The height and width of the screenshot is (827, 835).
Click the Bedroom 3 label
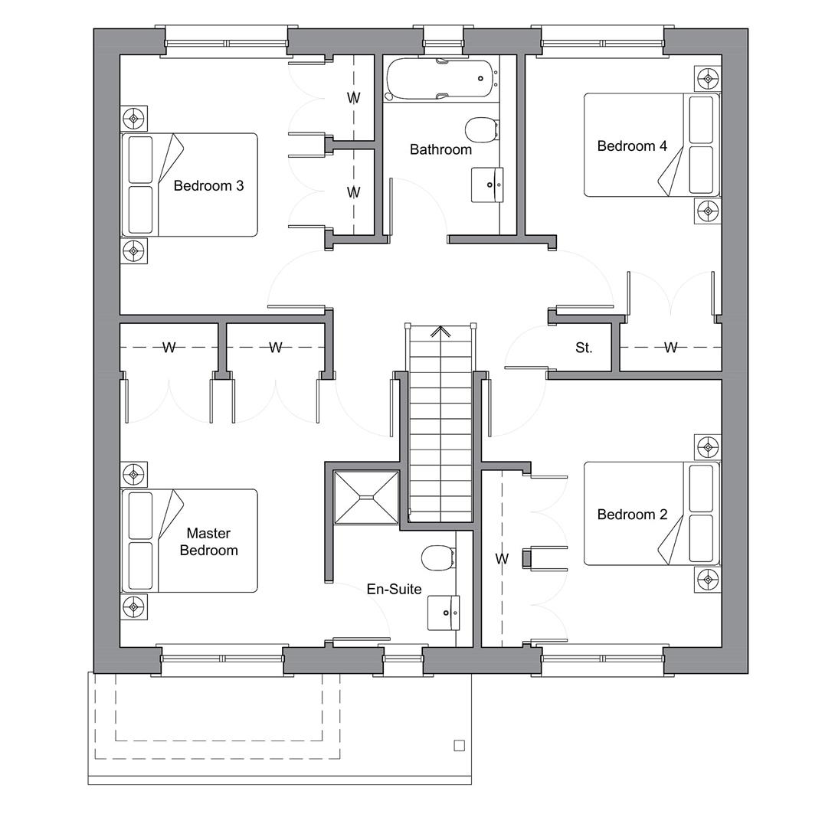208,185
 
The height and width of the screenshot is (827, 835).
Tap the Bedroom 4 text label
632,145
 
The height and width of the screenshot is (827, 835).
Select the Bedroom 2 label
632,515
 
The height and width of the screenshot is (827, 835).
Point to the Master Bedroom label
208,541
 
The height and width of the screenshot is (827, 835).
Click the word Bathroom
440,149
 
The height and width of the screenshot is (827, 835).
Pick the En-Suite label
394,589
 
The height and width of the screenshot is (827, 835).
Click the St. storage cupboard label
584,348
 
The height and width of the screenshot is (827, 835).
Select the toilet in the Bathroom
481,130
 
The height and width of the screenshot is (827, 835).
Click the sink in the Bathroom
488,185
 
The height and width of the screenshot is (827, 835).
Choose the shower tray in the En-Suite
367,498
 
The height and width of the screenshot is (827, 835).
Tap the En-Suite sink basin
444,612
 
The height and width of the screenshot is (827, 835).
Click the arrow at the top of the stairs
440,332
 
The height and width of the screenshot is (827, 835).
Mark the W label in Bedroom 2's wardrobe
502,559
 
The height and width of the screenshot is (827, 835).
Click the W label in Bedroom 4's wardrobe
670,348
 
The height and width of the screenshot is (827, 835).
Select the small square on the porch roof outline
460,745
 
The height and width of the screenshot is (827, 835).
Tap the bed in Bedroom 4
651,145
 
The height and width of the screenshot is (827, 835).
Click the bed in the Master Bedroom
189,541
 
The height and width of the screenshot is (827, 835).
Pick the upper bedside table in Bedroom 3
134,118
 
